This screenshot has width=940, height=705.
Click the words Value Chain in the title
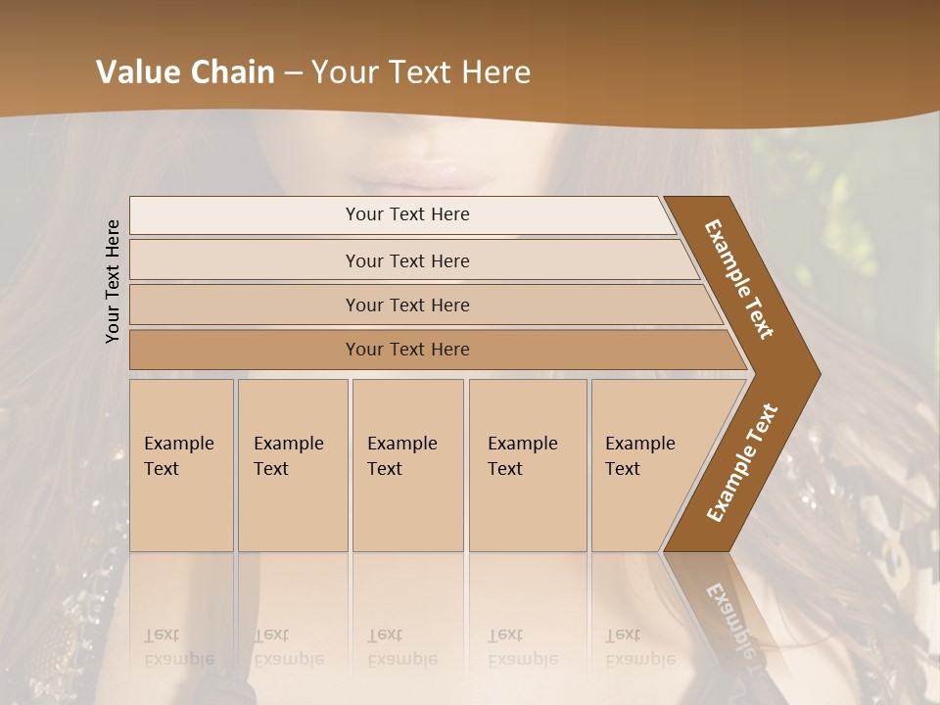click(185, 72)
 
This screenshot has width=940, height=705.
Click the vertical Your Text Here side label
click(113, 281)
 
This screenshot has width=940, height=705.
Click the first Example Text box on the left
click(181, 465)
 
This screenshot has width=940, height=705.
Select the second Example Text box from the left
click(293, 465)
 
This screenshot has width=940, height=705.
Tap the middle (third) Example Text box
click(407, 465)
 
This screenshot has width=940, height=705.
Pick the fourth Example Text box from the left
click(528, 465)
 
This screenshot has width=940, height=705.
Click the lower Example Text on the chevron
click(742, 462)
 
